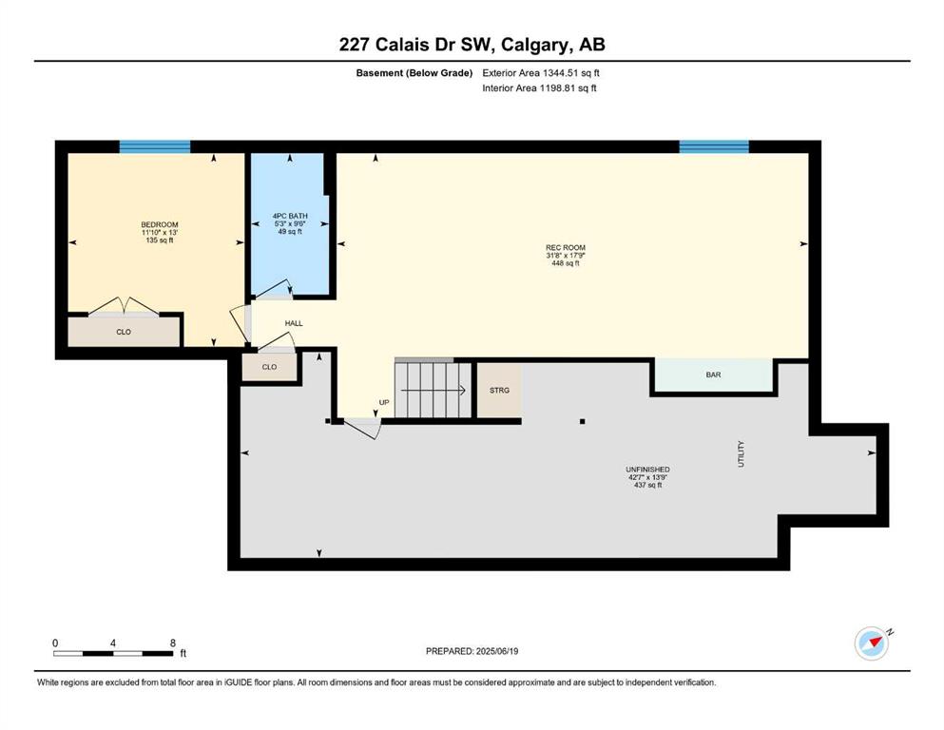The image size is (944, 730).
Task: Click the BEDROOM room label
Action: point(160,224)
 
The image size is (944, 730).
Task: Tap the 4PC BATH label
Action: point(290,216)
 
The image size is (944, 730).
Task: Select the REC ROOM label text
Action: point(566,247)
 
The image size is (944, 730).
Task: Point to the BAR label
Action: point(713,375)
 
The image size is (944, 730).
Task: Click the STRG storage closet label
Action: point(499,390)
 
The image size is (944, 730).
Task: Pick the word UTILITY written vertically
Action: point(742,453)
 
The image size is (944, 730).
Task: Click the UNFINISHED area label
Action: point(647,470)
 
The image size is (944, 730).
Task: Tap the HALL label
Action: point(294,323)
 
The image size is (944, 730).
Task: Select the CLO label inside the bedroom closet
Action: point(124,332)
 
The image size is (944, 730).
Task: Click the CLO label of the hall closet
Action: point(269,367)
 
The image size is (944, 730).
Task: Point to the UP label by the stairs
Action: point(384,402)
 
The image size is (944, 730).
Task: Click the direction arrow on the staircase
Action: point(433,390)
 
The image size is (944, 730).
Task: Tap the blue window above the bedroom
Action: point(155,146)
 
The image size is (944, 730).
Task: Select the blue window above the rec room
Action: point(714,146)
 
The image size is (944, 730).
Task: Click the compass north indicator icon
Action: point(872,644)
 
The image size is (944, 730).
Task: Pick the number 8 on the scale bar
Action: point(173,643)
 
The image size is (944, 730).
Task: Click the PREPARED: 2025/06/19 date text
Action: point(472,651)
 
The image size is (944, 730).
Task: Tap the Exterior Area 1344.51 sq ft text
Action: point(541,73)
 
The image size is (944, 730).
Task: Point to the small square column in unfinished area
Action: point(582,421)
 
